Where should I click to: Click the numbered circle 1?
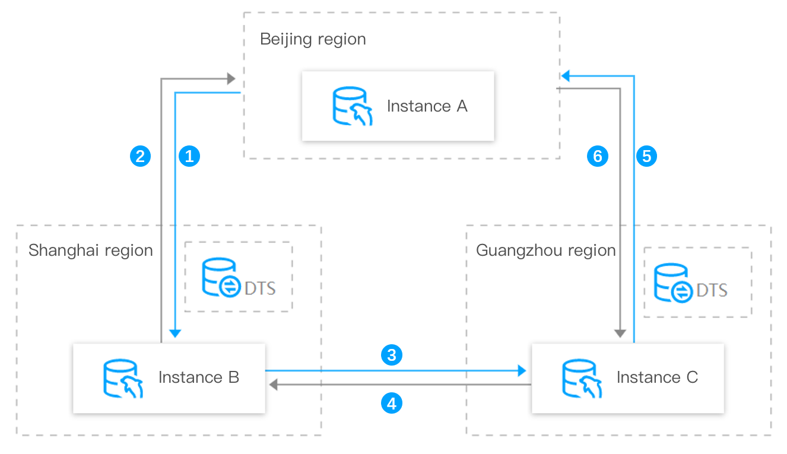pyautogui.click(x=189, y=156)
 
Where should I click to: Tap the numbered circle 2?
pyautogui.click(x=140, y=156)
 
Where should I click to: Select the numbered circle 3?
pyautogui.click(x=391, y=355)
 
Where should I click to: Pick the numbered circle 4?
pyautogui.click(x=391, y=404)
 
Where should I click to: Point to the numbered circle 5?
pyautogui.click(x=647, y=156)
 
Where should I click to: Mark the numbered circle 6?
pyautogui.click(x=598, y=156)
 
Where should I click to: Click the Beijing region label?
pyautogui.click(x=313, y=40)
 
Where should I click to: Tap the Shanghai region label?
pyautogui.click(x=90, y=250)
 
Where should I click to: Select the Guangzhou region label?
pyautogui.click(x=545, y=250)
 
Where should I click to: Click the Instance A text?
pyautogui.click(x=427, y=106)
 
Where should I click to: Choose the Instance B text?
pyautogui.click(x=198, y=377)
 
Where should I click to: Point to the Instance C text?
pyautogui.click(x=657, y=377)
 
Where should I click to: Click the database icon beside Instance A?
pyautogui.click(x=352, y=107)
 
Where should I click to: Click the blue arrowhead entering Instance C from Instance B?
pyautogui.click(x=522, y=371)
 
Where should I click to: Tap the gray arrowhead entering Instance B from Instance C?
pyautogui.click(x=274, y=385)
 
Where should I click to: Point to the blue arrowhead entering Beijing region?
pyautogui.click(x=566, y=76)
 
